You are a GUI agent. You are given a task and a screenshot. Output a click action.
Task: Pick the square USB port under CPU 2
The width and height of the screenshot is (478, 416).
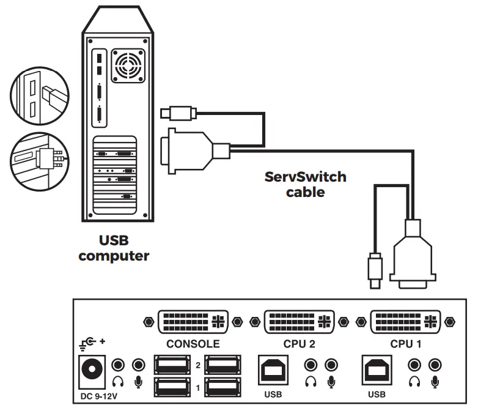(273, 370)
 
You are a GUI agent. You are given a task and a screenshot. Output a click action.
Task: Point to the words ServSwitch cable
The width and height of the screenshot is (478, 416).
(305, 184)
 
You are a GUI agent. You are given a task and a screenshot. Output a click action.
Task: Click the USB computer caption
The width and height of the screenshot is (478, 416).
(114, 248)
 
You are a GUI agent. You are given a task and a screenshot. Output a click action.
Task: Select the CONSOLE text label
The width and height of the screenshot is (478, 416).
(193, 344)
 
